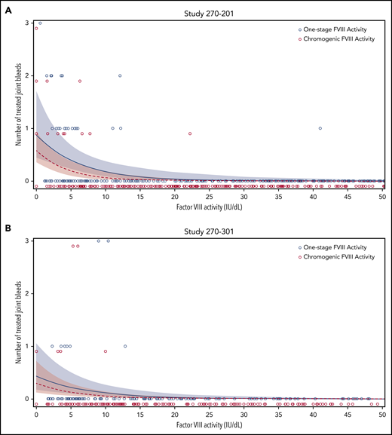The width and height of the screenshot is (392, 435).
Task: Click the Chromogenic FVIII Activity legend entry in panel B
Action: point(339,255)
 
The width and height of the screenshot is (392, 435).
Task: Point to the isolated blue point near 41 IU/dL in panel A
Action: point(320,128)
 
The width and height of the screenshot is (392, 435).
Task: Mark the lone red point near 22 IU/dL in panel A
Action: point(189,133)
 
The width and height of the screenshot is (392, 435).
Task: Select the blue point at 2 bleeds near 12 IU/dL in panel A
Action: point(120,75)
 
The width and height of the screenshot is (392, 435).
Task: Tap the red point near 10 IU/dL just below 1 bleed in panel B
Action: point(106,351)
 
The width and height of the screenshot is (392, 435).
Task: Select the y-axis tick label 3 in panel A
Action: point(28,23)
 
